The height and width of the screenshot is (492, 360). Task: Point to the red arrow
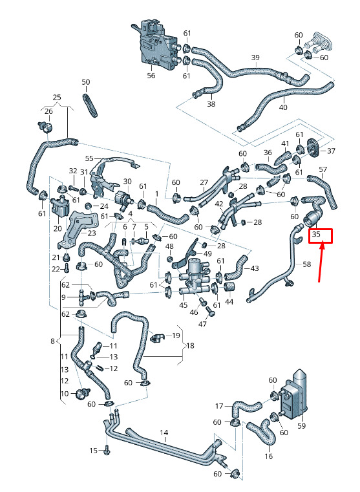[x=321, y=263]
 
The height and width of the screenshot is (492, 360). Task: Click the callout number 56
[x=151, y=76]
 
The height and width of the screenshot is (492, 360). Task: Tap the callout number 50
[x=85, y=82]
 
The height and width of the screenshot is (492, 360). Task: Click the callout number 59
[x=301, y=426]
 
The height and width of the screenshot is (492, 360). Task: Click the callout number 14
[x=164, y=433]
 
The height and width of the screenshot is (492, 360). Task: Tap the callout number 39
[x=255, y=58]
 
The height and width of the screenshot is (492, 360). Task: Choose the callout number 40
[x=283, y=107]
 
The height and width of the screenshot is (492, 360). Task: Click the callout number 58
[x=307, y=264]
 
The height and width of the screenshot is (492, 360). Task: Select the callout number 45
[x=183, y=305]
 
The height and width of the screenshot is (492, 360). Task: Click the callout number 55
[x=89, y=158]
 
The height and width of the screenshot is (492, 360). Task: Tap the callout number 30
[x=127, y=182]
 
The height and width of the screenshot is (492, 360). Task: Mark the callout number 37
[x=331, y=151]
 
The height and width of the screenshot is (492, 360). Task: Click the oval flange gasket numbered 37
[x=313, y=147]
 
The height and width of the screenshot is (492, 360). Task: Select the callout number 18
[x=191, y=346]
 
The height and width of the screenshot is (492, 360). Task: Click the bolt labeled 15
[x=107, y=451]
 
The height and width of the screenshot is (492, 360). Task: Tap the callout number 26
[x=48, y=111]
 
